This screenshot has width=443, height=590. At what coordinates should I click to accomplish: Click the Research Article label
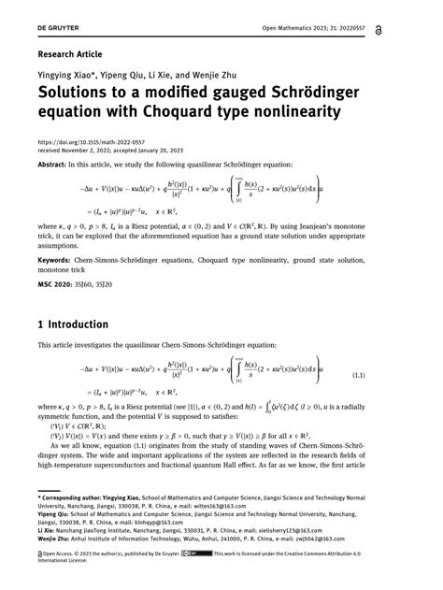tap(68, 54)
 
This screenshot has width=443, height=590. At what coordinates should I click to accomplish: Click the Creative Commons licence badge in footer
tap(192, 554)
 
